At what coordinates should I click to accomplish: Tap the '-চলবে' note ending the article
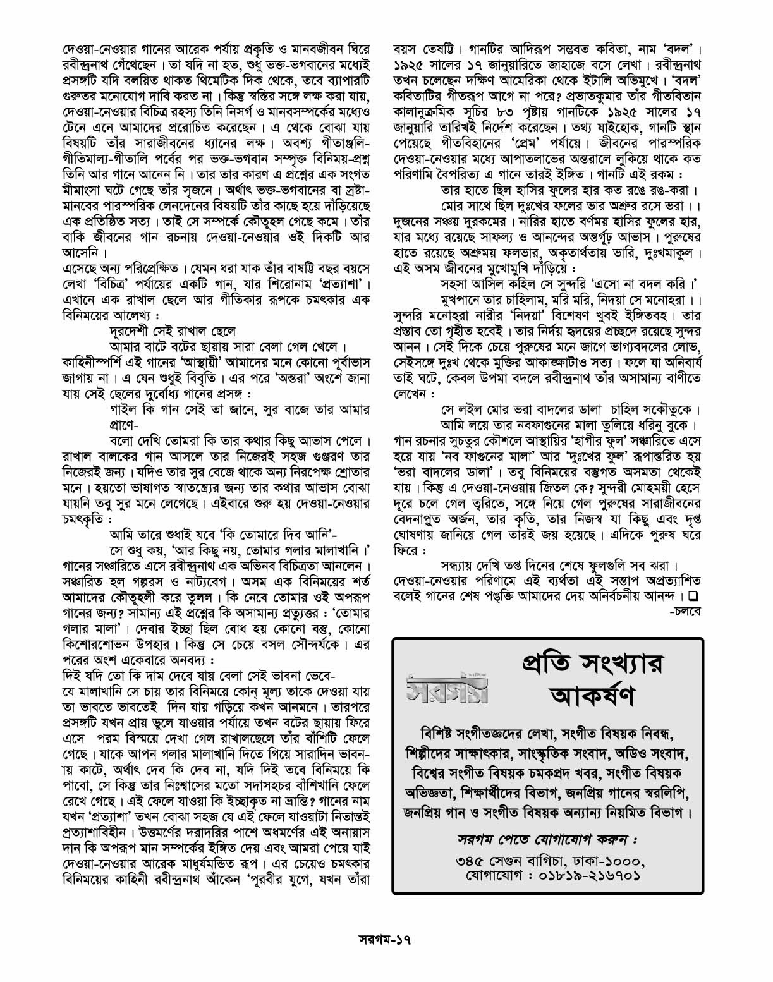(x=686, y=612)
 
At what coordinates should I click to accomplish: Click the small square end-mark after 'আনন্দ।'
(x=693, y=596)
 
